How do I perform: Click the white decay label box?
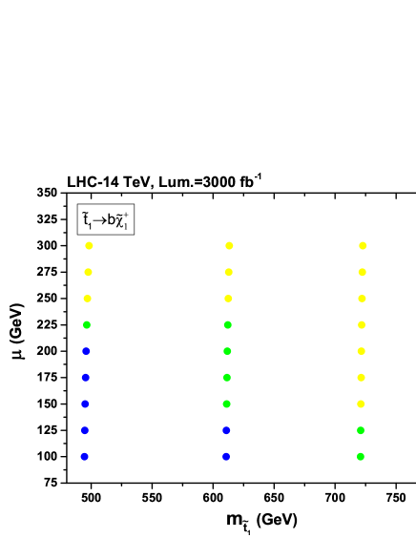(x=106, y=220)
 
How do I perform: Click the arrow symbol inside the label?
(x=99, y=220)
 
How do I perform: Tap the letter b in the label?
(x=111, y=220)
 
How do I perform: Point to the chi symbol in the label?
(x=121, y=220)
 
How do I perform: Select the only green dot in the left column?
(x=87, y=324)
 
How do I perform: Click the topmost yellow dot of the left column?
(x=89, y=245)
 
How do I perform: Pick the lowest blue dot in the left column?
(x=85, y=457)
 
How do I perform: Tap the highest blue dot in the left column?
(x=86, y=351)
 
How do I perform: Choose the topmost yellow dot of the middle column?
(x=229, y=245)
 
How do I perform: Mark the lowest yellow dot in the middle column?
(x=228, y=299)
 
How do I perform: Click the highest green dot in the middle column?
(x=227, y=324)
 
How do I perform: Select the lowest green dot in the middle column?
(x=226, y=403)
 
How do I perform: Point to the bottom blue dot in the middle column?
(x=226, y=457)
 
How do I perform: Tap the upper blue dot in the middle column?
(x=226, y=430)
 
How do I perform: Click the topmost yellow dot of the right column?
(x=363, y=245)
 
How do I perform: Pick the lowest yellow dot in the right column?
(x=361, y=403)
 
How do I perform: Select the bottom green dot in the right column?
(x=360, y=457)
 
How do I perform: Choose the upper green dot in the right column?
(x=361, y=430)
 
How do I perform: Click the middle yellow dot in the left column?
(x=88, y=272)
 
